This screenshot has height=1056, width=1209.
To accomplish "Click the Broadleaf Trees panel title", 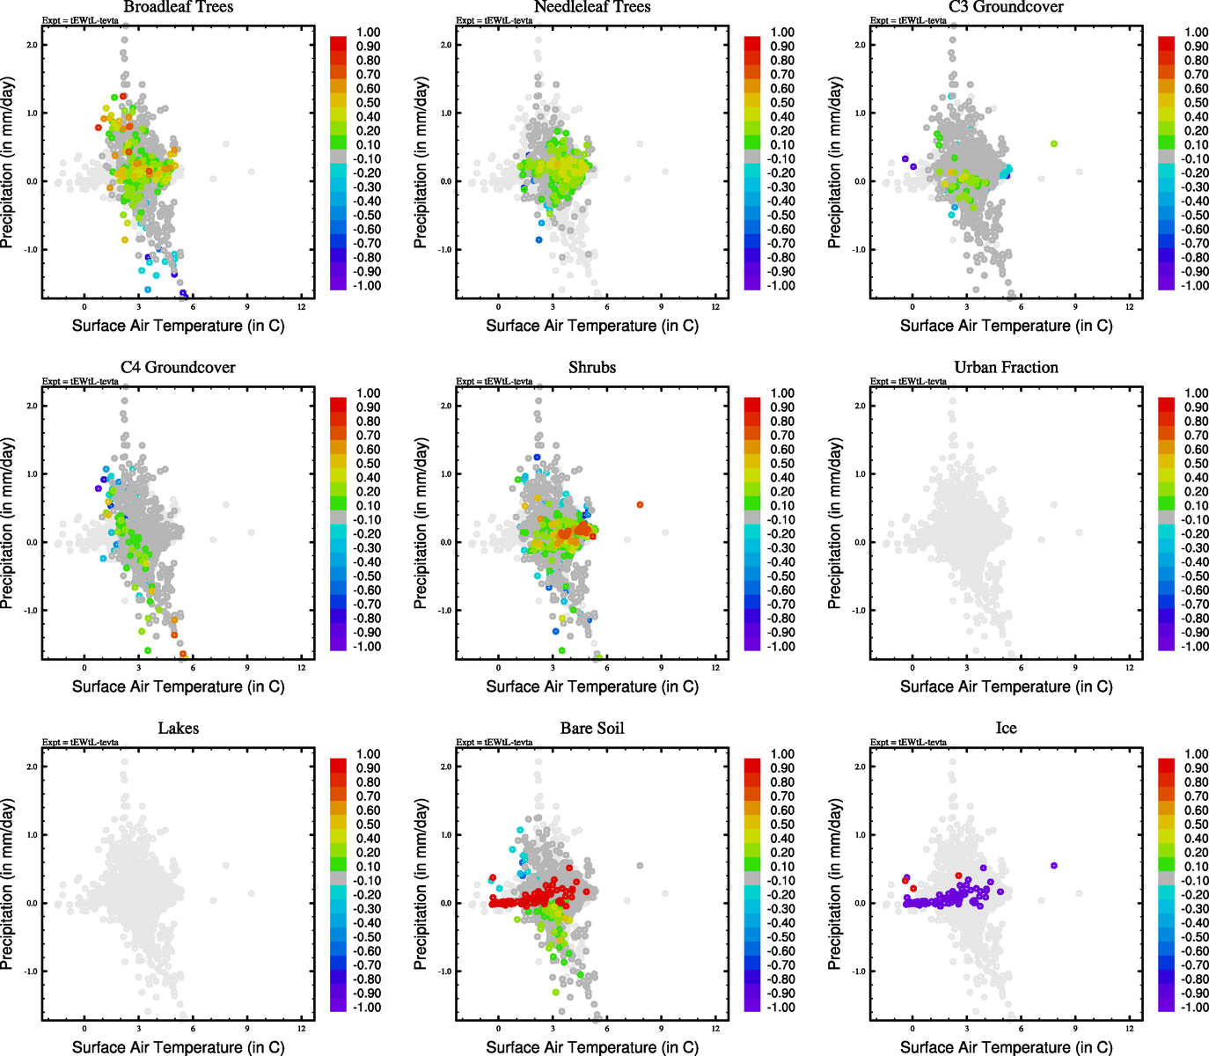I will [x=179, y=7].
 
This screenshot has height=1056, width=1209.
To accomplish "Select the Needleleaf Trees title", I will [x=592, y=7].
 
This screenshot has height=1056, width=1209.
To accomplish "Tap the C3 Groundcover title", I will [x=1006, y=7].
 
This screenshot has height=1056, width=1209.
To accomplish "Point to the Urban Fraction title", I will [x=1006, y=368].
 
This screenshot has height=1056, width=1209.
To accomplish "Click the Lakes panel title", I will [x=179, y=729].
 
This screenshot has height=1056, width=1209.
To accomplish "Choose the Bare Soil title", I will [x=592, y=729].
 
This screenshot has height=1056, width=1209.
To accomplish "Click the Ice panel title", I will [x=1006, y=729].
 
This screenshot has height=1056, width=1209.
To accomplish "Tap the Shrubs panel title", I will [x=592, y=368].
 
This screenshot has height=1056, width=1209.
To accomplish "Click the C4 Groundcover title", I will [x=179, y=368].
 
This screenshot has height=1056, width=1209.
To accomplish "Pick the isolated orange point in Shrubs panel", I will [x=640, y=505].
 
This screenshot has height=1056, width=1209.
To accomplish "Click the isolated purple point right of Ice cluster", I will [x=1053, y=866].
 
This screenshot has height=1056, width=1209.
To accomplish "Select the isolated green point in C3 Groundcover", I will [x=1053, y=144].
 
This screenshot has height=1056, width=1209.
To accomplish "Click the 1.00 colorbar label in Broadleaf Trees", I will [x=369, y=33].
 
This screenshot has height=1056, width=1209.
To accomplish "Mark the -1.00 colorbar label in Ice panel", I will [x=1195, y=1008].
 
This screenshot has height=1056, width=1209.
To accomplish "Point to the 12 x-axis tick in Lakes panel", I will [x=302, y=1029].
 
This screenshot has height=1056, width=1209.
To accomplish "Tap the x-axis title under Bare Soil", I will [x=592, y=1047].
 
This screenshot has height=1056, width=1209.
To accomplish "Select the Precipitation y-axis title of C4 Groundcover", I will [x=8, y=524].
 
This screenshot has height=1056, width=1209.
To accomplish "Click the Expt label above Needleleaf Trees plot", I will [x=495, y=20].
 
